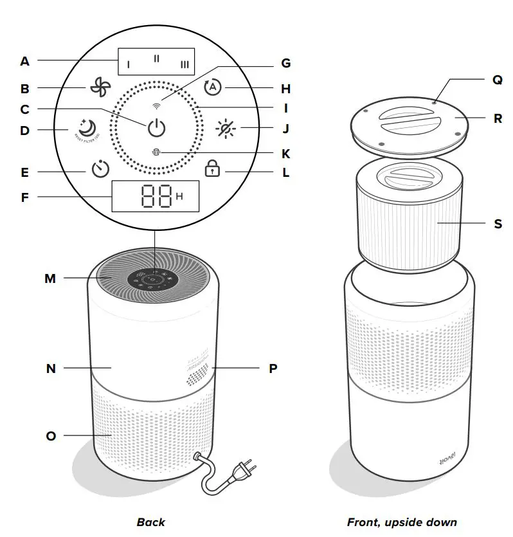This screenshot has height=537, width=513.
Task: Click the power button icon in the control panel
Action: pos(156,128)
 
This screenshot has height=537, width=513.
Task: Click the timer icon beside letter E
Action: pos(100,170)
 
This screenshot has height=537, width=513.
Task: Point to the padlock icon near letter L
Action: pos(212,170)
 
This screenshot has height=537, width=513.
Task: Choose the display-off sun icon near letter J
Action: pos(226,128)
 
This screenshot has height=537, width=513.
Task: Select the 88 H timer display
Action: pos(155,196)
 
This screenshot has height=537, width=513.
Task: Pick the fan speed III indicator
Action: pos(184,64)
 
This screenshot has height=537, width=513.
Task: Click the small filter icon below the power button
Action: pos(156,153)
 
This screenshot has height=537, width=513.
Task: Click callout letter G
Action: pos(286,63)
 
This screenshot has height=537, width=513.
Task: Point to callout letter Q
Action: pos(497,80)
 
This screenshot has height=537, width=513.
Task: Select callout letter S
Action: pos(498,224)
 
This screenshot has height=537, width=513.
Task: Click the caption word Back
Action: pos(151,522)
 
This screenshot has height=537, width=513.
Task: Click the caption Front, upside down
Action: pos(402,522)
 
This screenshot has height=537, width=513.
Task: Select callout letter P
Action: pos(273,369)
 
